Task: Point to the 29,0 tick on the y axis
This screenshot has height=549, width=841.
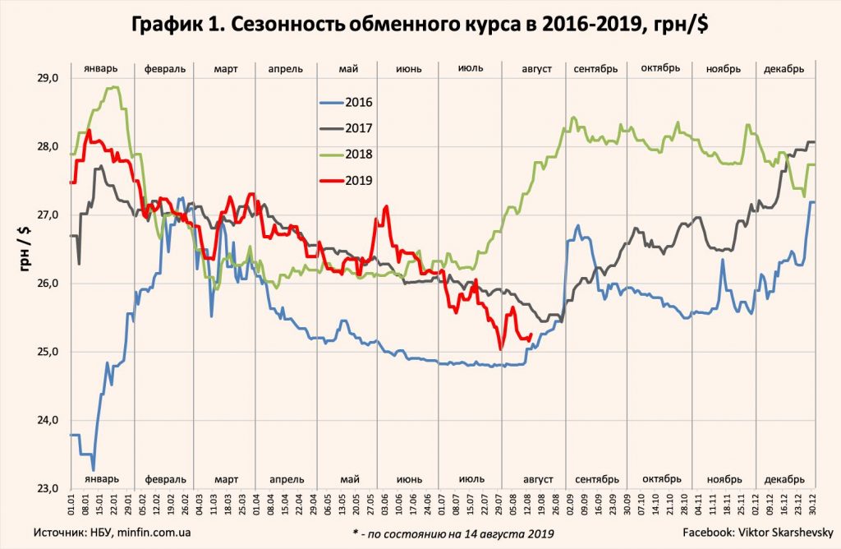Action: click(48, 78)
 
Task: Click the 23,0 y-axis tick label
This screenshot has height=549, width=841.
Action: click(48, 488)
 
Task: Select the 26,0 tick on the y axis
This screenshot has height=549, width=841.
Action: click(48, 284)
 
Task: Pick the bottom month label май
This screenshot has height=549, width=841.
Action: click(348, 479)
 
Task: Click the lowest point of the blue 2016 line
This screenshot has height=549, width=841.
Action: click(93, 469)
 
